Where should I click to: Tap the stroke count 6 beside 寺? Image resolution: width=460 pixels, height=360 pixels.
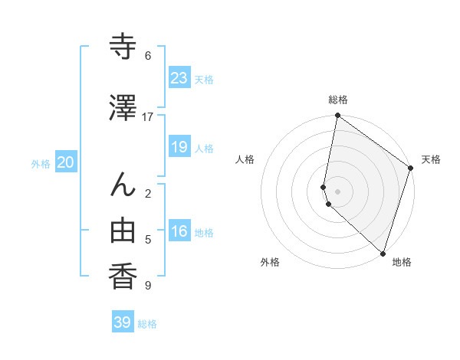click(x=148, y=56)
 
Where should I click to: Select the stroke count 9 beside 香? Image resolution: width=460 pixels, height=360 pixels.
click(x=148, y=286)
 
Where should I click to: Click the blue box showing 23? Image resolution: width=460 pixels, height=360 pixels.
click(x=179, y=78)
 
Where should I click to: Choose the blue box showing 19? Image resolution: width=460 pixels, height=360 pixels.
click(x=179, y=147)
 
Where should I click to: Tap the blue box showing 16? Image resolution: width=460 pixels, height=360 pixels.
click(x=179, y=231)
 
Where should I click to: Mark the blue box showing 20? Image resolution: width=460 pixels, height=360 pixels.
click(x=66, y=162)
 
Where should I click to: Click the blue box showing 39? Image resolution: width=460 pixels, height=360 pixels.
click(x=122, y=322)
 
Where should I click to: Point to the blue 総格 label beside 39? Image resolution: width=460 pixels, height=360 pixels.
click(x=148, y=324)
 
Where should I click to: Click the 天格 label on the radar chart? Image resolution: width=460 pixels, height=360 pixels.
click(x=431, y=159)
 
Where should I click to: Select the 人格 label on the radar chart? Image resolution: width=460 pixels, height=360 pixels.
click(x=245, y=159)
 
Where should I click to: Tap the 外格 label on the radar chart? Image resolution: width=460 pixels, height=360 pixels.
click(x=270, y=262)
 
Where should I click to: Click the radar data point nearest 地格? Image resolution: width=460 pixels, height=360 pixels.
click(x=383, y=254)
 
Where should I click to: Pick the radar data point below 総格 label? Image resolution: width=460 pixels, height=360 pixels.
click(x=337, y=116)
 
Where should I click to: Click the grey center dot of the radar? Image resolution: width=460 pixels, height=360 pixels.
click(x=337, y=191)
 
